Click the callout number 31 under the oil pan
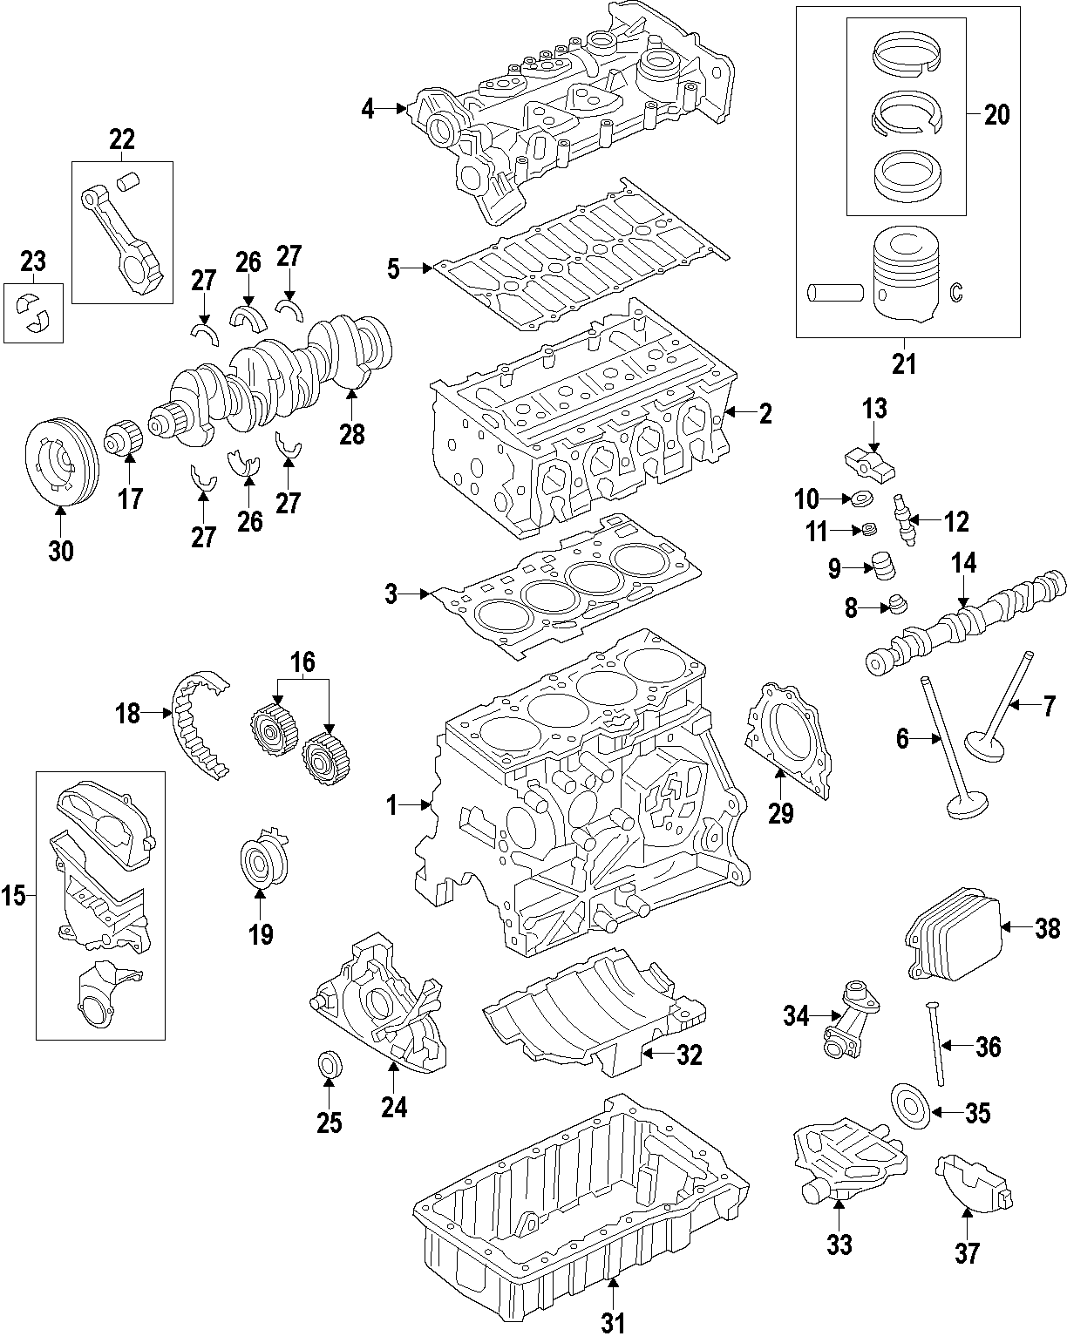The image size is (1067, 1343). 613,1323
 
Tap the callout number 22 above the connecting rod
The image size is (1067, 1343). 122,139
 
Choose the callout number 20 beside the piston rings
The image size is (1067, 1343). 996,114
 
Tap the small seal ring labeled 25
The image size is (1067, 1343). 329,1064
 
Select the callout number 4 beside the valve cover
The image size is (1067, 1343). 368,109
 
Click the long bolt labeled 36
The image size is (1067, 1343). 935,1043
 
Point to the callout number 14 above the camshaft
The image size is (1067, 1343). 963,564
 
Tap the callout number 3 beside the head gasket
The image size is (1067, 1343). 391,595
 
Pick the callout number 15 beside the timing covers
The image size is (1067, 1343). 13,895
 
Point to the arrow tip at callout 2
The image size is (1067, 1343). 729,412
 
